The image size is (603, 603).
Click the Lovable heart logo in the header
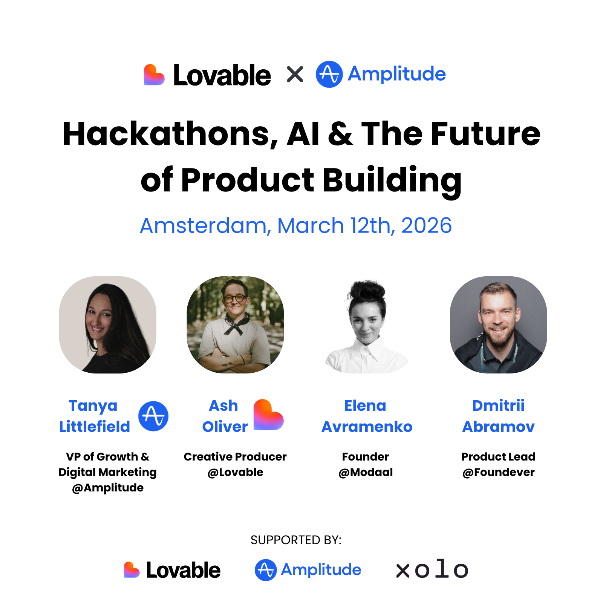click(x=154, y=75)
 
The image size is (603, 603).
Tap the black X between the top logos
click(x=295, y=74)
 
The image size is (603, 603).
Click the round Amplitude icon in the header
click(x=329, y=74)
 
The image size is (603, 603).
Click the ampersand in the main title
click(x=340, y=134)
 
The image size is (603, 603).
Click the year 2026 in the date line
click(x=426, y=225)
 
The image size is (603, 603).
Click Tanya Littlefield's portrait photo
click(x=108, y=325)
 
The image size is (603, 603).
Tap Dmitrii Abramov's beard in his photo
click(x=498, y=335)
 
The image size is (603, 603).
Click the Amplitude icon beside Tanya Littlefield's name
click(x=153, y=416)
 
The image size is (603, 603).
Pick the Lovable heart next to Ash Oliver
click(x=268, y=415)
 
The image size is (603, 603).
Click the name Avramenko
click(x=367, y=427)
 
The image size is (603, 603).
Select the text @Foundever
click(x=498, y=472)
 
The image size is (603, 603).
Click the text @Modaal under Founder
click(x=366, y=472)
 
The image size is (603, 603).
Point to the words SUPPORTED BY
click(x=296, y=540)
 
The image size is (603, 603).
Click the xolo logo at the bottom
click(x=432, y=569)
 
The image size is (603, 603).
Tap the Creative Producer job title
click(x=235, y=457)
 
